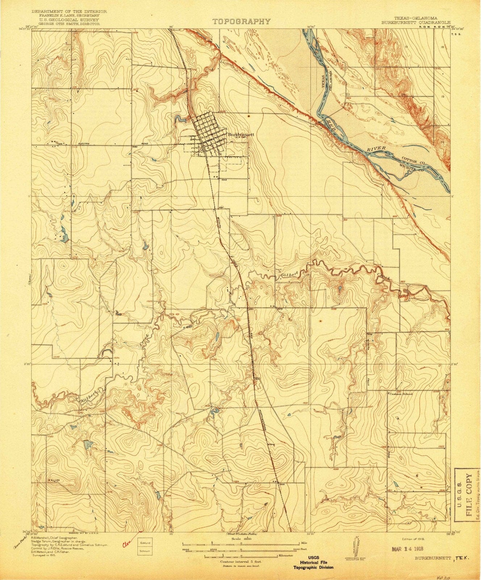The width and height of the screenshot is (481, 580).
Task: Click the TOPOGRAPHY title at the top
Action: tap(241, 21)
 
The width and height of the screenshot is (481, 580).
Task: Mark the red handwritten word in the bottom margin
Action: tap(126, 544)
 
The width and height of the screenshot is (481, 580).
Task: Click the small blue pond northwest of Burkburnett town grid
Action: tap(178, 118)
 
